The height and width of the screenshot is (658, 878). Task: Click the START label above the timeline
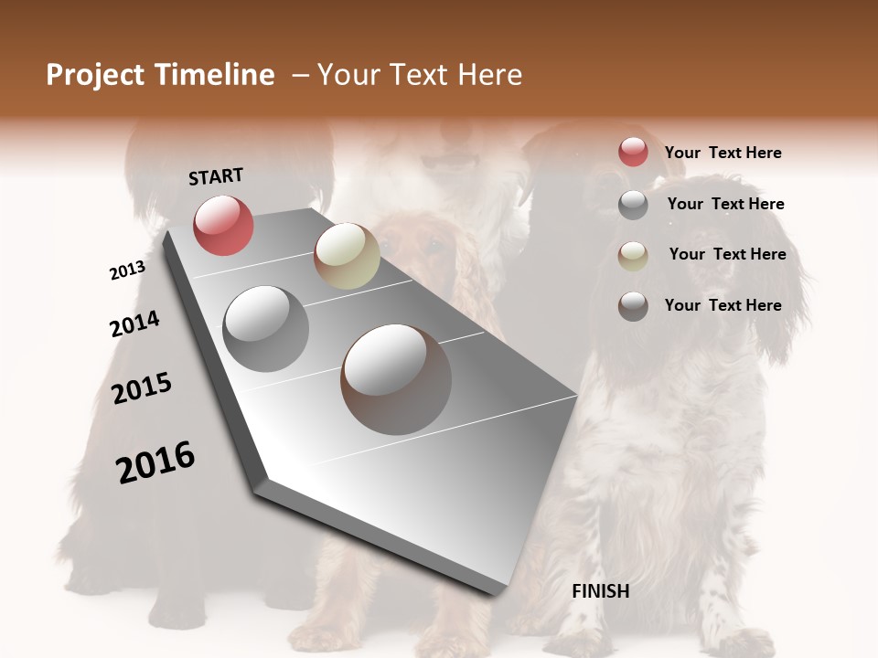pos(216,176)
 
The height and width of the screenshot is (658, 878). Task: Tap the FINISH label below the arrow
pos(601,591)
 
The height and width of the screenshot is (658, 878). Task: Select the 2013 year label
pos(128,271)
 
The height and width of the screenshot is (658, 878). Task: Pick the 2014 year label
pos(134,324)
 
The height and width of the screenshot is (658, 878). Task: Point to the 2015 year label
pos(142,388)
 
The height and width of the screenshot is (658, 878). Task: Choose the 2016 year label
pos(155,462)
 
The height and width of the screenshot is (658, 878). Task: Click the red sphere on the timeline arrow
pos(223,225)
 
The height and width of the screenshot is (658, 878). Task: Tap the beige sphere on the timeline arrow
pos(347,256)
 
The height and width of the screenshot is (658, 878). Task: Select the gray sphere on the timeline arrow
pos(266,329)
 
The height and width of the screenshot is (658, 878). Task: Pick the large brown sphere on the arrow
pos(396,379)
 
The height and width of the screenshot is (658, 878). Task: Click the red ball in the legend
pos(633,152)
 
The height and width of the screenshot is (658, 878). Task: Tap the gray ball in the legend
pos(633,205)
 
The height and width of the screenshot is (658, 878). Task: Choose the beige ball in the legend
pos(633,256)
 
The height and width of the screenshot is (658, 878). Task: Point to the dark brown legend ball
pos(633,306)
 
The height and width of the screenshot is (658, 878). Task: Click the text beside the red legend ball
pos(723,153)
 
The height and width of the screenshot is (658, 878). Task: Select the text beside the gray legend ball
pos(725,204)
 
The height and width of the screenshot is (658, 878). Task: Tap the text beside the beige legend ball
pos(727,254)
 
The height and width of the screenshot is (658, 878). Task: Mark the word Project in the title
pos(96,75)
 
